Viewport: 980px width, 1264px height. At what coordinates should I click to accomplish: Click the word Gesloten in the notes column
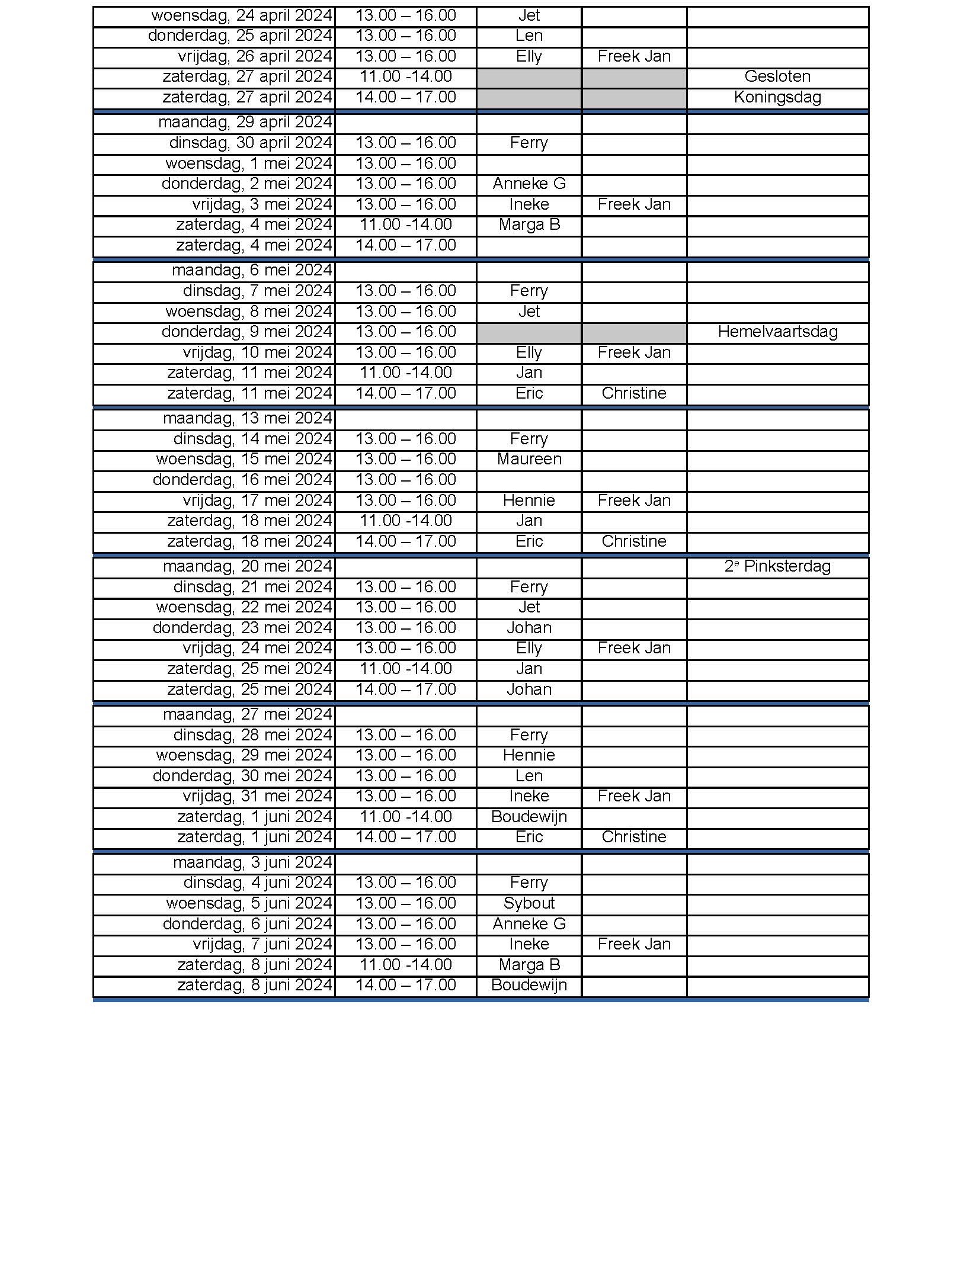pos(777,76)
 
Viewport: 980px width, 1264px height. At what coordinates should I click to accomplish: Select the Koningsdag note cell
pos(777,97)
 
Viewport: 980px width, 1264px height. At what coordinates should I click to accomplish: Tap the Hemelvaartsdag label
pos(777,332)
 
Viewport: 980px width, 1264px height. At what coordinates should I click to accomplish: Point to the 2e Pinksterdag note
pos(777,566)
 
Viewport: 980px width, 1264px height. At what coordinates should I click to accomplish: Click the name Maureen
pos(529,459)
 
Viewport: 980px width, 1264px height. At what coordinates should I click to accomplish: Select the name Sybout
pos(529,903)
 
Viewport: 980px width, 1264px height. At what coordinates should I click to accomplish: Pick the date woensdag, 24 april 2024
pos(242,15)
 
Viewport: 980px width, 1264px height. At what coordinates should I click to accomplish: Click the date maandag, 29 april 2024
pos(245,122)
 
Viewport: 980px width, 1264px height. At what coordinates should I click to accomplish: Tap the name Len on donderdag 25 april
pos(529,36)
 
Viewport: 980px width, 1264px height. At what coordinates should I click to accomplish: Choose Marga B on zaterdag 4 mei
pos(529,224)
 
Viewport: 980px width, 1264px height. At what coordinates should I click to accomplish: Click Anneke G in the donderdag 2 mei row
pos(529,184)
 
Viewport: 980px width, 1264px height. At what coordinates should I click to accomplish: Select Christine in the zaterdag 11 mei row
pos(633,393)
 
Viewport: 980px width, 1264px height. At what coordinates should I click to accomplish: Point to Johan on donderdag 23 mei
pos(529,628)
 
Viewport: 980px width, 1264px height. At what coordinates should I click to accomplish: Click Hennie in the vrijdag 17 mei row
pos(529,501)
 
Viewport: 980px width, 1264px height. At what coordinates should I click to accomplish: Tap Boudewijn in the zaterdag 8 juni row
pos(529,985)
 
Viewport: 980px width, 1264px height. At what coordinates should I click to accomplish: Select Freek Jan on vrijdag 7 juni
pos(633,944)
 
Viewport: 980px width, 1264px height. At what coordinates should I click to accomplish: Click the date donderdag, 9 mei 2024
pos(246,332)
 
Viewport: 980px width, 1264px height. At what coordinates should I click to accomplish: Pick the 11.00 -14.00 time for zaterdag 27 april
pos(405,76)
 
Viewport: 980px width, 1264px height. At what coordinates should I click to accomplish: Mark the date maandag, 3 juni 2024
pos(252,862)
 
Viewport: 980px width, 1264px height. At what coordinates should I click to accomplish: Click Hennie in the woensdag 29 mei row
pos(529,755)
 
